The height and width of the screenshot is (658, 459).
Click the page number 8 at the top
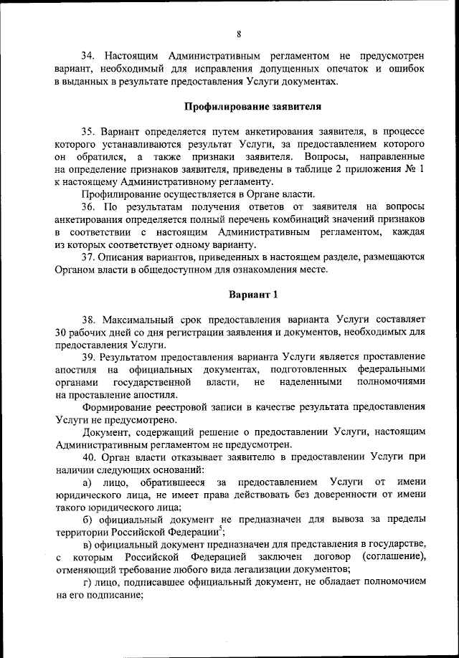pyautogui.click(x=238, y=34)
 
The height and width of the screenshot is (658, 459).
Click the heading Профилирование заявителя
pyautogui.click(x=252, y=108)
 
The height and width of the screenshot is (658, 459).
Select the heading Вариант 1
pyautogui.click(x=252, y=295)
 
